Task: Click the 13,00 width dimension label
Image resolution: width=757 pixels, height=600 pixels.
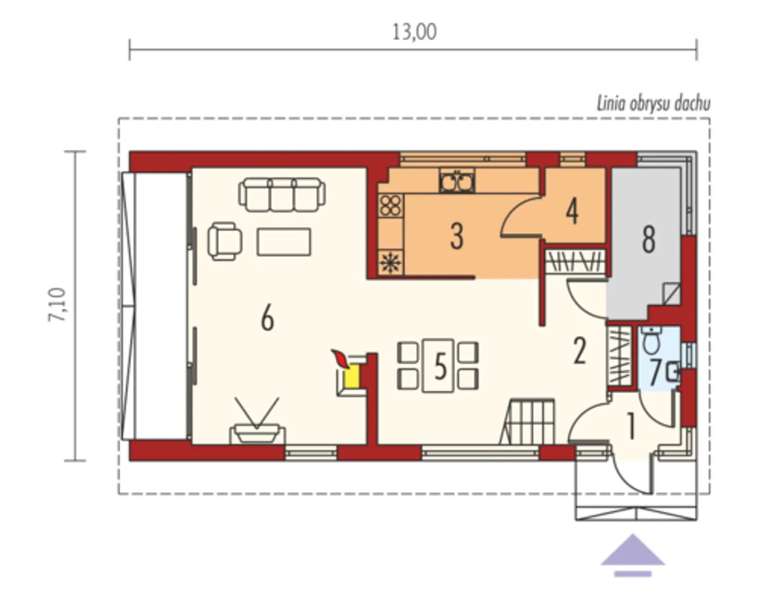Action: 415,33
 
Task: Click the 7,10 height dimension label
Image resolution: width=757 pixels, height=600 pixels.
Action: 57,305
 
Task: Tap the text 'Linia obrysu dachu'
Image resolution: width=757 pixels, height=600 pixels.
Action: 654,104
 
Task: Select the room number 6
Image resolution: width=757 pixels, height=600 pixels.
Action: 267,317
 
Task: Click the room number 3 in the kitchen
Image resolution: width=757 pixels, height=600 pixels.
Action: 457,237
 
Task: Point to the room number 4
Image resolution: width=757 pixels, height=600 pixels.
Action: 572,211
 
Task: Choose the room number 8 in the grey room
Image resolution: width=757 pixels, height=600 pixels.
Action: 649,240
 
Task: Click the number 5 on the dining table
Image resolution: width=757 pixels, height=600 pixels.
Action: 439,366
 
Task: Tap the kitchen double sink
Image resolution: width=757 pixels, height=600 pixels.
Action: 457,180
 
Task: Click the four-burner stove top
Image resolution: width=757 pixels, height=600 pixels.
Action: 390,205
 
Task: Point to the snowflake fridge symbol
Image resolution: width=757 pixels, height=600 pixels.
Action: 390,262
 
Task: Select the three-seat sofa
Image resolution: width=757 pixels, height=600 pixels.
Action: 282,195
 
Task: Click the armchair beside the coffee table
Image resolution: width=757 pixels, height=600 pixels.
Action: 225,241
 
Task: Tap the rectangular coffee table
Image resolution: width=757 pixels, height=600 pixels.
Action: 284,242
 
